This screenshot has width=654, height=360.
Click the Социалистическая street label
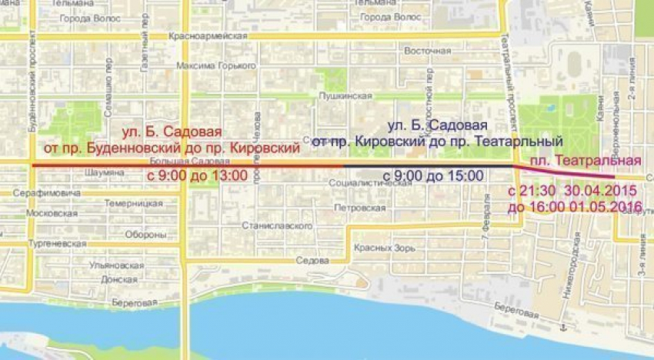pos(367,184)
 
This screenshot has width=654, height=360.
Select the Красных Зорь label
pos(385,248)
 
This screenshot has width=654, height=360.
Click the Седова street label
pos(312,260)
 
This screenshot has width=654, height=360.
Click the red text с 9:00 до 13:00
pos(197,176)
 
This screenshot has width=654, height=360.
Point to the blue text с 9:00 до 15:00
pos(432,176)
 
